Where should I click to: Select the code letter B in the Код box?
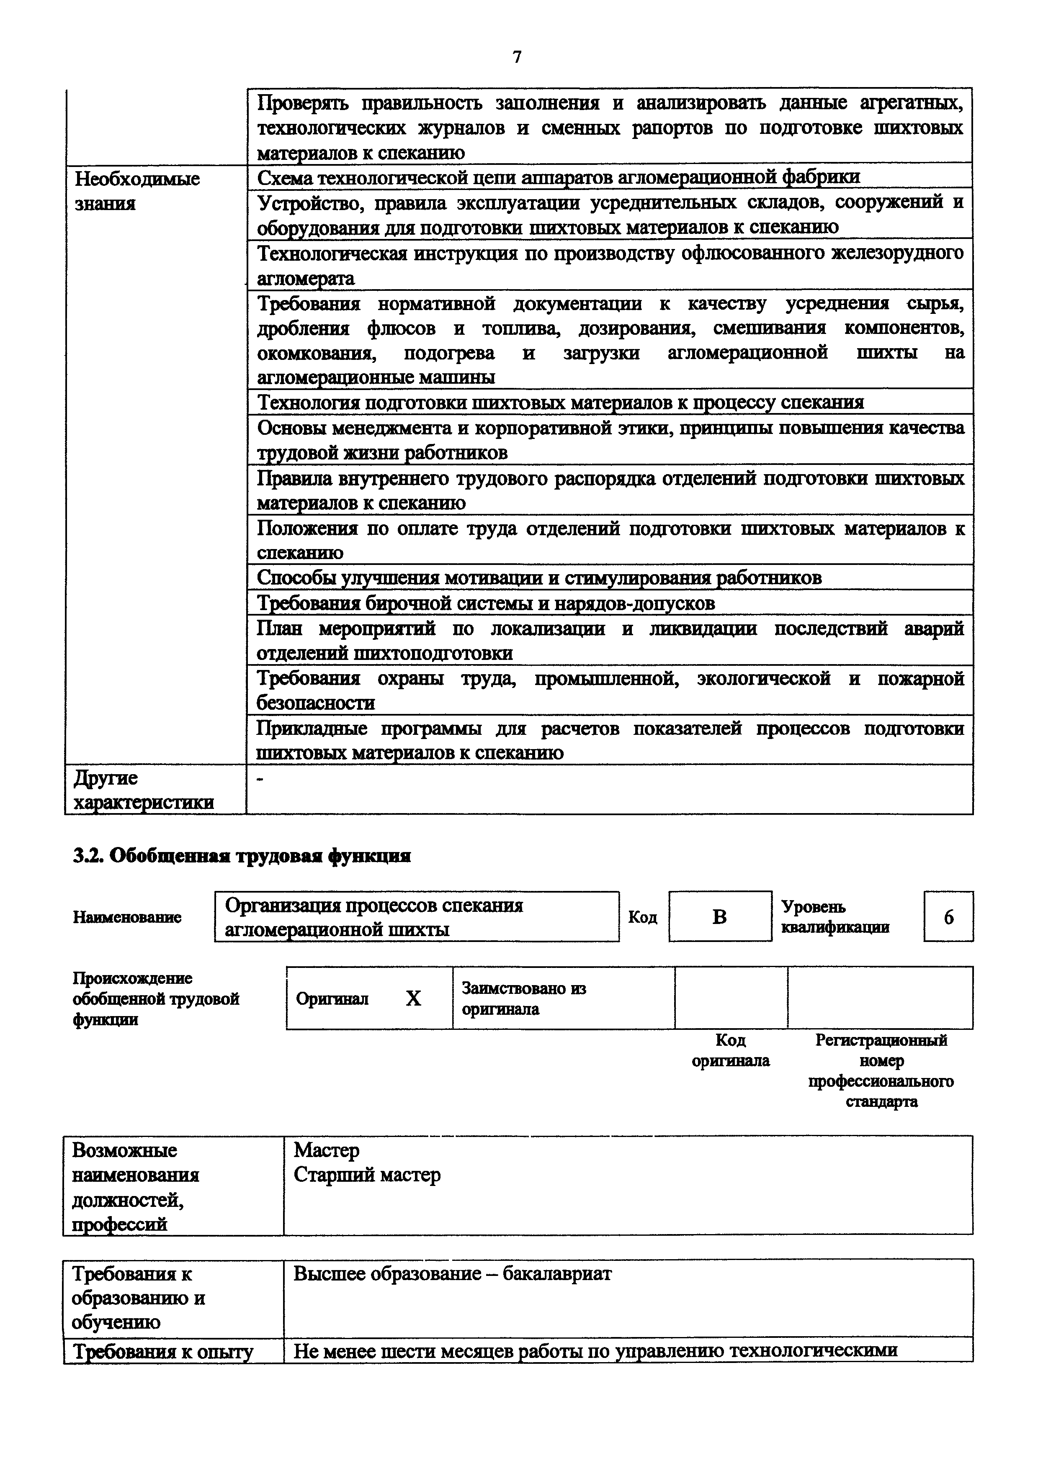719,917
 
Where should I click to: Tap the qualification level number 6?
948,917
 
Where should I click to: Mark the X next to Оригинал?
413,999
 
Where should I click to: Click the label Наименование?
126,917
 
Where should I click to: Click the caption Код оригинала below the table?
730,1050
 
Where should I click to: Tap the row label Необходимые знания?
137,190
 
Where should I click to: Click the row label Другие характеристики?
143,790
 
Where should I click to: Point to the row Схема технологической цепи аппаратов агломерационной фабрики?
558,177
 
